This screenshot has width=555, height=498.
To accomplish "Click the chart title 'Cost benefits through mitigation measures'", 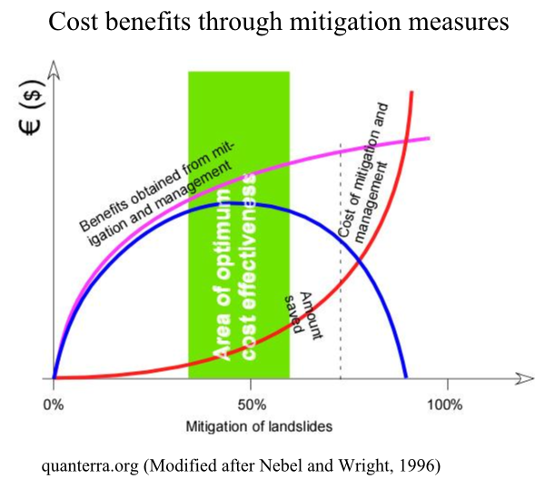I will click(277, 22).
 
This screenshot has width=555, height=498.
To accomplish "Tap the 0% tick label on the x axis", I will click(54, 401).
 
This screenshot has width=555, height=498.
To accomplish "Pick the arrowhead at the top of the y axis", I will click(54, 67).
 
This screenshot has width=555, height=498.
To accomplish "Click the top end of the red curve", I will click(412, 93).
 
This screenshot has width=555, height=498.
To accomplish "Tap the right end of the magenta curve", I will click(428, 138).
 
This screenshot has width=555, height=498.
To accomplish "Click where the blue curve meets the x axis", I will click(406, 377).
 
